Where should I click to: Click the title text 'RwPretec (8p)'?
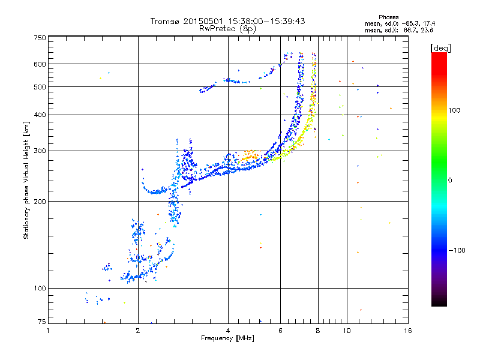pos(228,28)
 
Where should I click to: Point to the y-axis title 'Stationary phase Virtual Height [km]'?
pos(26,180)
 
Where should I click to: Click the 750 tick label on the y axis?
pos(40,38)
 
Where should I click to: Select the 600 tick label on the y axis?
pos(40,64)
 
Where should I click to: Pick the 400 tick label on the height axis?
pos(40,115)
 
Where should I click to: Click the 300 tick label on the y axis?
pos(40,151)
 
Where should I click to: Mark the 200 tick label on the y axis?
pos(40,201)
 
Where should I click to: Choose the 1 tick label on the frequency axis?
pos(49,331)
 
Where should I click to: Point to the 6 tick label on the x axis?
pos(280,331)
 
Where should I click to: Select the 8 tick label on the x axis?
pos(317,331)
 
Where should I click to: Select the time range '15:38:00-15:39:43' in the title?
pos(264,21)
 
